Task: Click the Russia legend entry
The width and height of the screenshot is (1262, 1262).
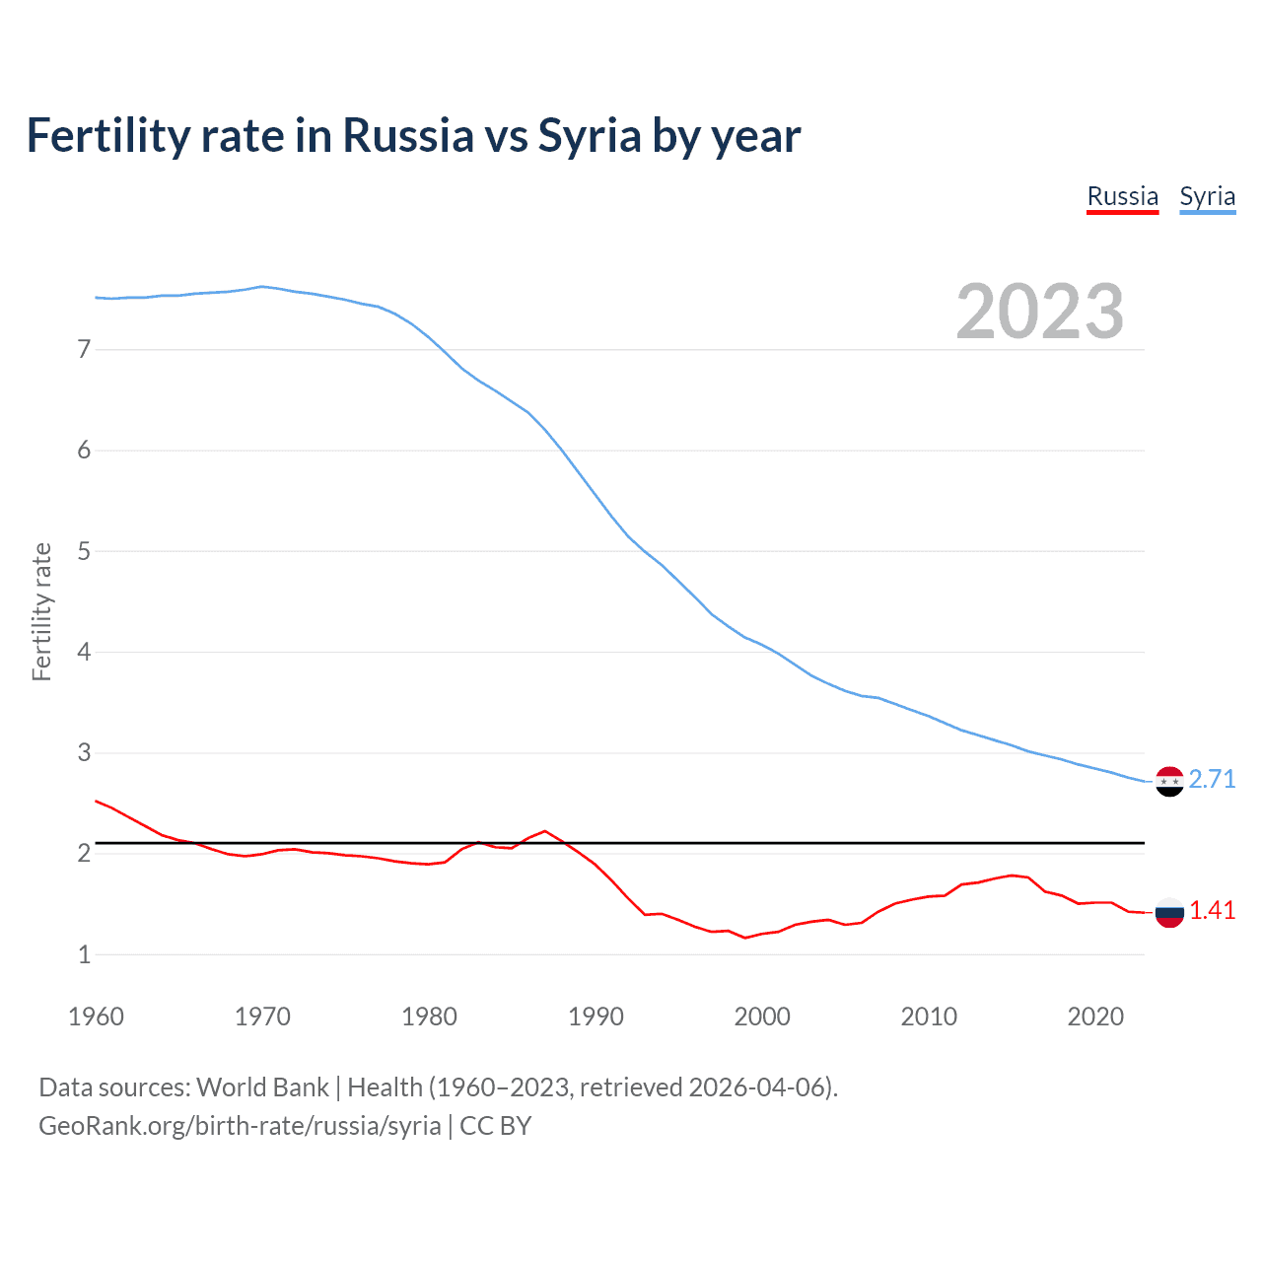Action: [1122, 196]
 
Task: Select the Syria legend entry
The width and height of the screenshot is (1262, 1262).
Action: [1207, 196]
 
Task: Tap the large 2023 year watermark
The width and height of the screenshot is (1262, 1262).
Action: [1039, 312]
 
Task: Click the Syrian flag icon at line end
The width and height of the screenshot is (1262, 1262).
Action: [1169, 781]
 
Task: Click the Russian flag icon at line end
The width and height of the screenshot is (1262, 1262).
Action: [1169, 912]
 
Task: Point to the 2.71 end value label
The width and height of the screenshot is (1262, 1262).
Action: [1212, 779]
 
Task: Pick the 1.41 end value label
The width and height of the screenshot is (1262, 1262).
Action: [1212, 910]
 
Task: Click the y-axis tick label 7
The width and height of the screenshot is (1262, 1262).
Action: [84, 349]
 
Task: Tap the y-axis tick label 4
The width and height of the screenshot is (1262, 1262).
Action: [84, 652]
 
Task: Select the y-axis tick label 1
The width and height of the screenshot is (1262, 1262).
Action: [84, 954]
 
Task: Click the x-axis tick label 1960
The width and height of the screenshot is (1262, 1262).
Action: [96, 1017]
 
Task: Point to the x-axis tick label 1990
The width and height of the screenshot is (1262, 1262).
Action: [596, 1017]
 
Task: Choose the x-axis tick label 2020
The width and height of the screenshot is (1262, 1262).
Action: [1095, 1017]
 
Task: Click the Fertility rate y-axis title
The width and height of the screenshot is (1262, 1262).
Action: [41, 611]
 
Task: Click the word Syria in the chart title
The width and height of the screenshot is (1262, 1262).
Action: [590, 135]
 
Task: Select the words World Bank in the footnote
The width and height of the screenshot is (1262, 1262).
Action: [262, 1087]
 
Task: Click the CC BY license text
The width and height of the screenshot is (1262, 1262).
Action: [496, 1126]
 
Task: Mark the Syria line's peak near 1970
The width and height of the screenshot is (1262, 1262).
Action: [261, 286]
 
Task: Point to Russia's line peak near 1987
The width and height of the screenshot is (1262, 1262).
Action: [545, 830]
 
